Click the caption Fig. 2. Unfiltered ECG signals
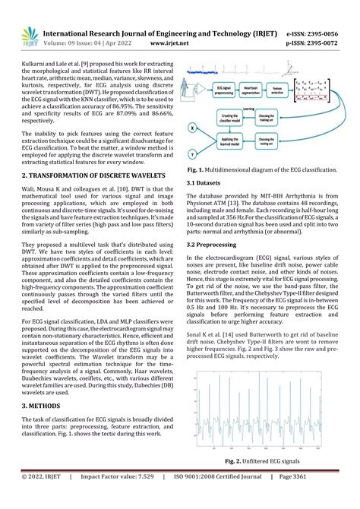(261, 461)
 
